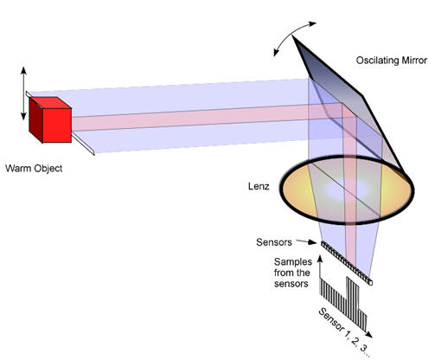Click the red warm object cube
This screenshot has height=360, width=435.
[50, 119]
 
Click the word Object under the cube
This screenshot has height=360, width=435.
[48, 169]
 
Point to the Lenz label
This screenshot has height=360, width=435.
[259, 186]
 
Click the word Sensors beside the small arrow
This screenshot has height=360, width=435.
[274, 242]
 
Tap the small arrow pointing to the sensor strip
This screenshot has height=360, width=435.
[306, 241]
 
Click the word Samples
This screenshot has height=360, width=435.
[293, 262]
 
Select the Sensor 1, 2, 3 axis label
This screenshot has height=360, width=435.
[344, 332]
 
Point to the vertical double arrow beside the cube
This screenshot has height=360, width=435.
[23, 93]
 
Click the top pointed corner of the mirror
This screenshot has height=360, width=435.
[292, 36]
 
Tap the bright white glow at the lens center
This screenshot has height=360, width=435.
[346, 190]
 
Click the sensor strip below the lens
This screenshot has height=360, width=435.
[347, 263]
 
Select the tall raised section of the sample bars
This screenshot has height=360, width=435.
[353, 296]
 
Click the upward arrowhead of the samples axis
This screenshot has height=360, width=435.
[320, 258]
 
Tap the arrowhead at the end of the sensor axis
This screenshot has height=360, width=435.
[368, 334]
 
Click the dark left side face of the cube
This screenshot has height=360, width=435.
[35, 119]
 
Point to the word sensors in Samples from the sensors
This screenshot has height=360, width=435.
[291, 284]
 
